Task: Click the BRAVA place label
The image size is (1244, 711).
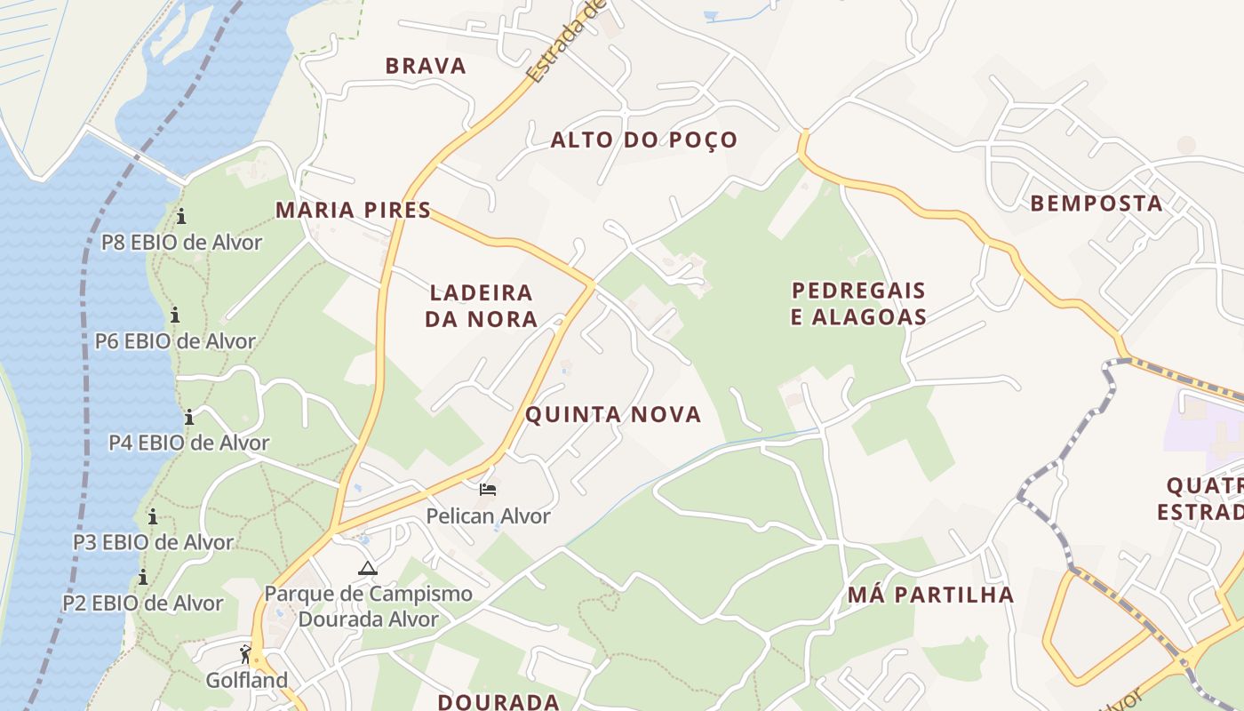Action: tap(426, 66)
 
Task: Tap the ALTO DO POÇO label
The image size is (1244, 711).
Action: tap(644, 140)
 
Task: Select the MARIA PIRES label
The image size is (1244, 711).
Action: tap(353, 210)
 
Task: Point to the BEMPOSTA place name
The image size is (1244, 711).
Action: tap(1096, 204)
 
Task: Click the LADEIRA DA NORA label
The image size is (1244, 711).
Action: tap(481, 305)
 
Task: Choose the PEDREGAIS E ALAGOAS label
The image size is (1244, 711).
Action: tap(858, 303)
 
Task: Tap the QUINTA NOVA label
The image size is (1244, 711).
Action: tap(613, 414)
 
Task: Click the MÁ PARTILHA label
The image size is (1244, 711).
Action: tap(930, 595)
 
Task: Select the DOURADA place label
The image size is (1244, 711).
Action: tap(498, 701)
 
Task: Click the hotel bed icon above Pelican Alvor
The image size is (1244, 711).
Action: tap(487, 490)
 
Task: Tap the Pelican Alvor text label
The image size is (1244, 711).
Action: tap(488, 515)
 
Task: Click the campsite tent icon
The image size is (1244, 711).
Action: tap(368, 568)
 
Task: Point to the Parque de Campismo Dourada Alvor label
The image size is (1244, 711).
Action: tap(368, 606)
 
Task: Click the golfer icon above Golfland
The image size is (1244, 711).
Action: tap(246, 655)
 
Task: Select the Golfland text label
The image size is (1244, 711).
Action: tap(247, 681)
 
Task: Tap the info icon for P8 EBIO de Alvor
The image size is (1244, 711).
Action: tap(181, 216)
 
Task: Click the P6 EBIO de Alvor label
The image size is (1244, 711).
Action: tap(175, 341)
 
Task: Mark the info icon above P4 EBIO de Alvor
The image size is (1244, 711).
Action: tap(189, 417)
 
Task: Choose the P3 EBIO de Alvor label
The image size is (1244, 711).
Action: tap(153, 542)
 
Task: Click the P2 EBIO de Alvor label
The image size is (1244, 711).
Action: tap(143, 603)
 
